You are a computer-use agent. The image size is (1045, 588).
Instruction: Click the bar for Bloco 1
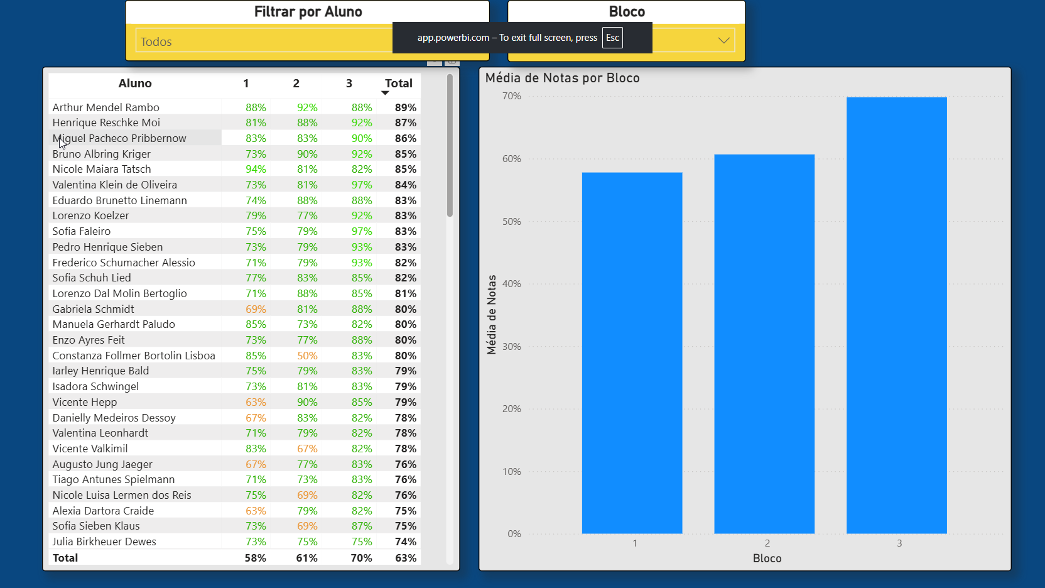632,352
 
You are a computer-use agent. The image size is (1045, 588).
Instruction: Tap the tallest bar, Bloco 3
896,315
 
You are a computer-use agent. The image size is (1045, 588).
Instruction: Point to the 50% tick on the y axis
512,222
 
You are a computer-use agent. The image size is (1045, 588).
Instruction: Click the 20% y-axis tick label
512,409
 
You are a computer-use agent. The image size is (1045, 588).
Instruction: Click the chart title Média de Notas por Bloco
562,78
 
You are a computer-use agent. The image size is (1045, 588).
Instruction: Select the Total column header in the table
398,84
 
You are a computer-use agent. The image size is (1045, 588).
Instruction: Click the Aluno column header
135,84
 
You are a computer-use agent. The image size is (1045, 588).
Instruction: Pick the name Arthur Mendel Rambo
106,107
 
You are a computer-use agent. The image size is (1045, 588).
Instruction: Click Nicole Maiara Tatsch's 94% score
256,169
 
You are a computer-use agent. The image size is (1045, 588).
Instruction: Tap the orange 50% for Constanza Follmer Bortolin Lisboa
307,356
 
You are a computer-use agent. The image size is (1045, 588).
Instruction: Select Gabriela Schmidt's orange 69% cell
256,309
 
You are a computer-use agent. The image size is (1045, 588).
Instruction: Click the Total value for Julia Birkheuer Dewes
406,542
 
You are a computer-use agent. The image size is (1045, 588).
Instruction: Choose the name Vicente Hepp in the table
85,402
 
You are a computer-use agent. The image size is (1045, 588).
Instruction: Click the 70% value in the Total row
361,558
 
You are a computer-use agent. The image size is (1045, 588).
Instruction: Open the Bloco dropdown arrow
723,40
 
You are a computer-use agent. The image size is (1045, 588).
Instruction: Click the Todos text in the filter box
156,42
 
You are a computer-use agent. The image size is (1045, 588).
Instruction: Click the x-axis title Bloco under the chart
767,558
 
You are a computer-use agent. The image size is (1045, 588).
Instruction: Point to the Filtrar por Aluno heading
308,12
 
